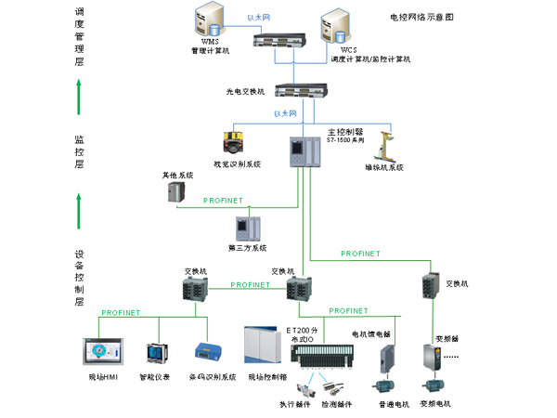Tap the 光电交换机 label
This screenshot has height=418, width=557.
(x=245, y=92)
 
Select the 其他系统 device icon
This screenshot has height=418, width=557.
(x=176, y=190)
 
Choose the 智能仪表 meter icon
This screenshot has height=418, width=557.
(x=155, y=354)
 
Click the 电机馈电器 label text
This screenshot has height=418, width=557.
(x=371, y=333)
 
